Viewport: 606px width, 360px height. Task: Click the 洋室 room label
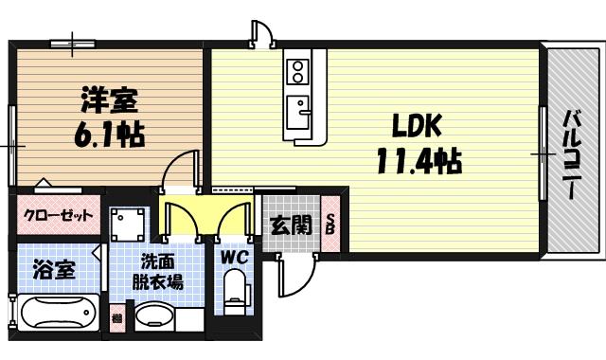pyautogui.click(x=107, y=98)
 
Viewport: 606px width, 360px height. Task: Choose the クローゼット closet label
pyautogui.click(x=59, y=216)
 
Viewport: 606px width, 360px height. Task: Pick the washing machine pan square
pyautogui.click(x=128, y=225)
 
